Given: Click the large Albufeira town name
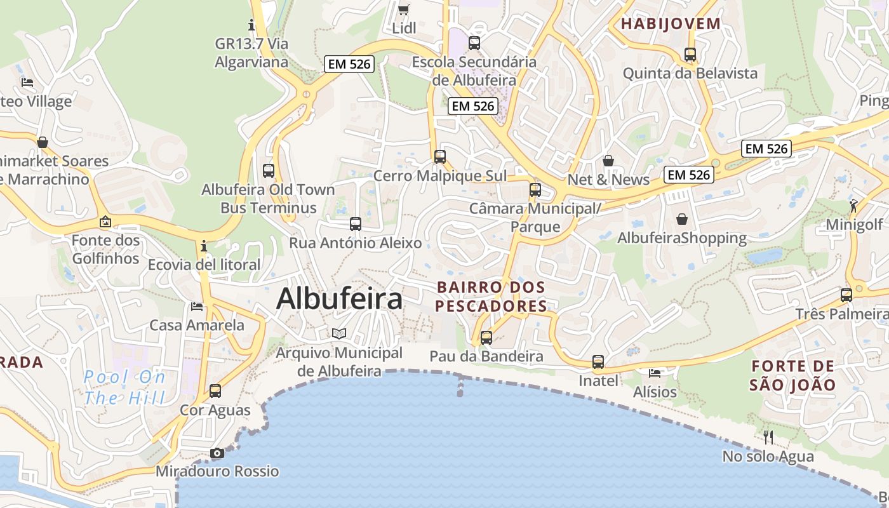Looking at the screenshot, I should [339, 299].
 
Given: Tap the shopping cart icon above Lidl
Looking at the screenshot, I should [403, 9].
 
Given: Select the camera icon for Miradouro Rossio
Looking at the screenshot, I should [217, 453].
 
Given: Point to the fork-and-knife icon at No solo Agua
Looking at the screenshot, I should [768, 437].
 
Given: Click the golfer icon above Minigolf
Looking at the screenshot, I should [853, 206].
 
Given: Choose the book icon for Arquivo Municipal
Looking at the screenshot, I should [340, 333].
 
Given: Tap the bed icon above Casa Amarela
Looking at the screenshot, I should [197, 307].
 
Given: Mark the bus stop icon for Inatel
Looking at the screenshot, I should [598, 362].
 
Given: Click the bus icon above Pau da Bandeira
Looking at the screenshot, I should [486, 338].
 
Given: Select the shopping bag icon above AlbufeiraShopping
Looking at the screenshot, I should [682, 219].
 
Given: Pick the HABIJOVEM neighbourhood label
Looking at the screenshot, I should [671, 24].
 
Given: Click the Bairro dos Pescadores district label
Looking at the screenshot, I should [492, 297].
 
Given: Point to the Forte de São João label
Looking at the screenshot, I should [792, 375].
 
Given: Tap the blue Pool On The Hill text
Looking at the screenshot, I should [124, 387].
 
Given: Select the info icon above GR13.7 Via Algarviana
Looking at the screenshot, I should [251, 25].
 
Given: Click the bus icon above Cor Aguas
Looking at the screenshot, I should [215, 391].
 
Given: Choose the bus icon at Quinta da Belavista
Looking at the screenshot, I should [690, 55].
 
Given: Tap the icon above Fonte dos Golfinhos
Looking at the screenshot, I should [105, 222].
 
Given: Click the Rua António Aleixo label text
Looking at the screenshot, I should [356, 243].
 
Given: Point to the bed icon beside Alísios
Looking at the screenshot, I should [655, 373].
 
